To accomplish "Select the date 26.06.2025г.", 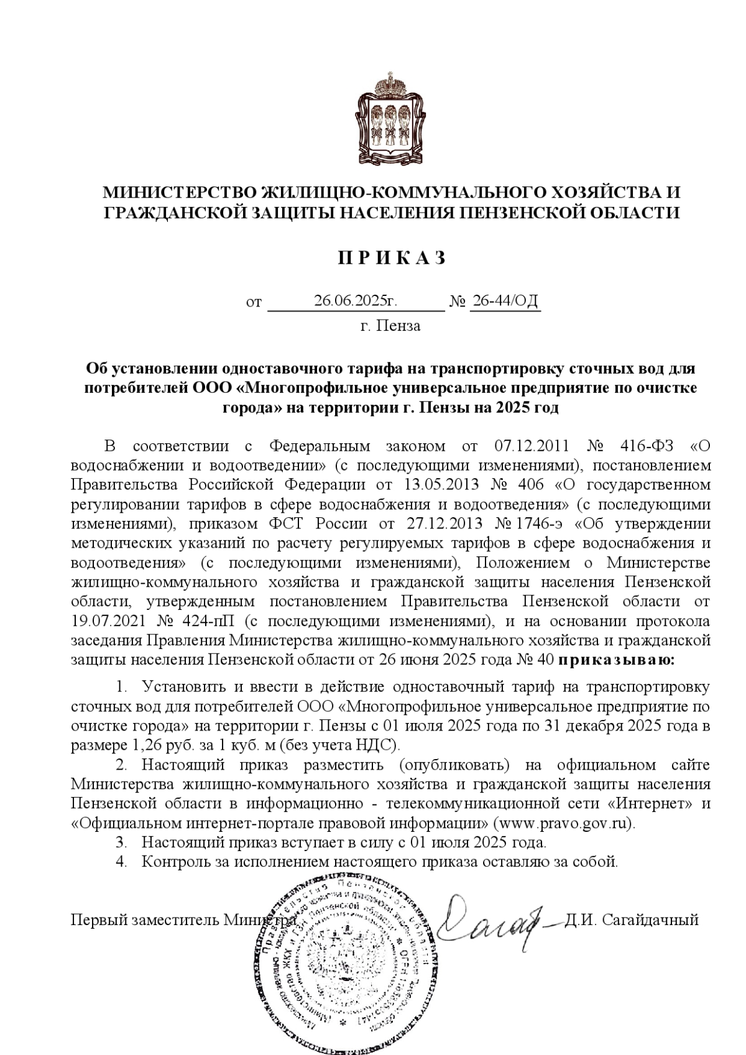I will tap(355, 302).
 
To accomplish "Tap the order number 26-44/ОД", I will tap(505, 302).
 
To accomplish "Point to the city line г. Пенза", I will tap(390, 326).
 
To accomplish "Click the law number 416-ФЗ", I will tap(647, 446).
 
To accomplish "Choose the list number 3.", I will tap(121, 843).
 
